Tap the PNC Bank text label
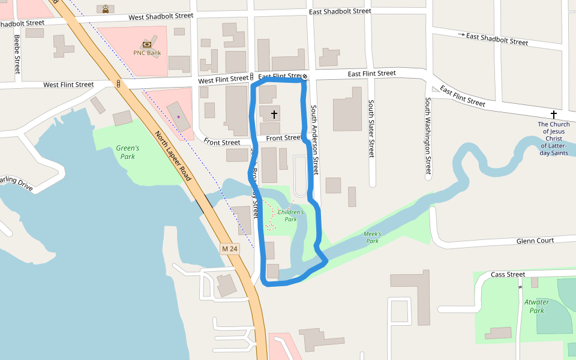pos(147,53)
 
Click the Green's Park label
pos(127,152)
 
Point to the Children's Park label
pos(291,216)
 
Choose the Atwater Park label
pos(536,307)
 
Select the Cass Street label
pos(508,275)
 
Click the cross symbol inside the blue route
pos(274,113)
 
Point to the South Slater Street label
pos(371,129)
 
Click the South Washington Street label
pos(428,135)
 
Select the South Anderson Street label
pos(315,141)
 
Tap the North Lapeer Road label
pos(173,156)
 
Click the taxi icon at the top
pos(106,9)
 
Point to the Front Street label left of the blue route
pos(221,143)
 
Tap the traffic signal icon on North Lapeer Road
pos(119,83)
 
